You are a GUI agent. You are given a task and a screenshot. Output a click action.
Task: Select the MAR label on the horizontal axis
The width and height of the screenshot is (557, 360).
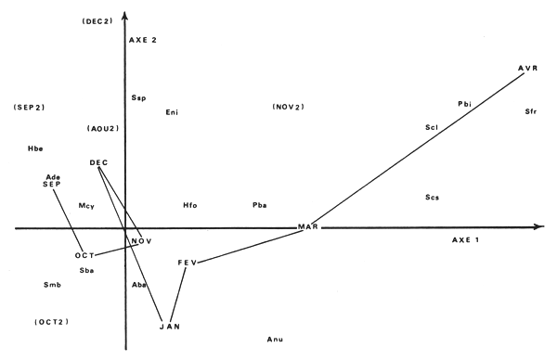[308, 227]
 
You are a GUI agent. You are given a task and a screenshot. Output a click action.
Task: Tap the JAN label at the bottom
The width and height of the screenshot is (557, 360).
[169, 326]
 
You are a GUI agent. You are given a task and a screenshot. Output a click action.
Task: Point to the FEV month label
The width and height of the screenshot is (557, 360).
[188, 264]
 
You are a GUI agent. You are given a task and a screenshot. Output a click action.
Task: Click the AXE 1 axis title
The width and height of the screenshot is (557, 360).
[465, 240]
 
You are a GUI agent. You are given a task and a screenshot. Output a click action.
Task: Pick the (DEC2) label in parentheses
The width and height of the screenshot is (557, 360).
[97, 20]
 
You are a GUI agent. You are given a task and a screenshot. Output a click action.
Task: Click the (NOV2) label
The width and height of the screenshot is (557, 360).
[289, 108]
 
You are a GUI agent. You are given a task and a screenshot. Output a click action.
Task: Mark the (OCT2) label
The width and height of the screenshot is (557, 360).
[52, 322]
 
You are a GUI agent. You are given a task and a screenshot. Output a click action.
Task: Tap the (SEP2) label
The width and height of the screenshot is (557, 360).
[30, 108]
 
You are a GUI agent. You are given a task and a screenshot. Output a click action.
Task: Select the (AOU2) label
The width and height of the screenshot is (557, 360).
[103, 128]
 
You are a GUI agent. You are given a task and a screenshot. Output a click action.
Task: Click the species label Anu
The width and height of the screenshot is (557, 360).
[275, 341]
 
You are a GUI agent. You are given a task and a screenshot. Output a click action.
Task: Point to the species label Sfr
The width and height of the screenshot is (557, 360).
[531, 111]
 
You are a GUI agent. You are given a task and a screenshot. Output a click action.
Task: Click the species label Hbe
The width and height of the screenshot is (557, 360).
[35, 148]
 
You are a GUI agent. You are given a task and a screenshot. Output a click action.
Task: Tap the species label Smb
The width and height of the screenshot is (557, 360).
[52, 285]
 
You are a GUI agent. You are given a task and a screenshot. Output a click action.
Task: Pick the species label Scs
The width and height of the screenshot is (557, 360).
[432, 198]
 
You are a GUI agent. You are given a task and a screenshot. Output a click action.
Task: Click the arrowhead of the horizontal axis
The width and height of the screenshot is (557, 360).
[541, 226]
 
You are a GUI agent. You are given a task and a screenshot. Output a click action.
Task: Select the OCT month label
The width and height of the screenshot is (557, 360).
[85, 255]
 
